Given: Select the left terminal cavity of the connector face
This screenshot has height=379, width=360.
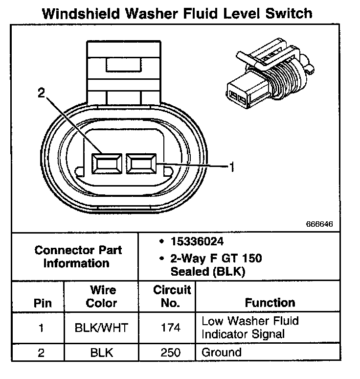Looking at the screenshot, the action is tap(106, 163).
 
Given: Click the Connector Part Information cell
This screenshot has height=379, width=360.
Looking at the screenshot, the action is tap(78, 257).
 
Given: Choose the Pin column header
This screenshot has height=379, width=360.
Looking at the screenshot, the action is tap(42, 303).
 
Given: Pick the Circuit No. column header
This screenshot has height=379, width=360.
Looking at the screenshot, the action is tap(170, 296).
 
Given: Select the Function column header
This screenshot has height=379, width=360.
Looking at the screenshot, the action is tap(270, 303).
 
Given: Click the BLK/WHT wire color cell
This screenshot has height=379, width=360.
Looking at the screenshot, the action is tap(102, 328).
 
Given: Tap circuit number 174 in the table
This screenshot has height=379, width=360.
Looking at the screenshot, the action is tap(170, 328).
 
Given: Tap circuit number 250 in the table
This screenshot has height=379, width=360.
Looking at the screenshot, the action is tap(170, 352).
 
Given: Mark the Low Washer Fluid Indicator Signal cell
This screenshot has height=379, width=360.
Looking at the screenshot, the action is tap(250, 328).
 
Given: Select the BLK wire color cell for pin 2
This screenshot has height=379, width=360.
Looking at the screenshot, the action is tap(102, 352).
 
